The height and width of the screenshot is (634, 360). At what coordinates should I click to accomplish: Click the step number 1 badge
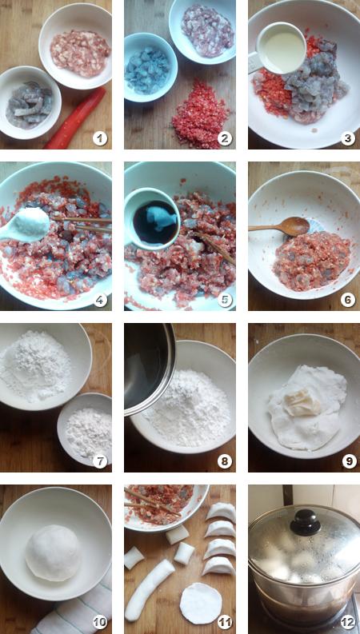pyautogui.click(x=99, y=138)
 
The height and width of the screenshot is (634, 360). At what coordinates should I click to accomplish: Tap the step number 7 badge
pyautogui.click(x=99, y=461)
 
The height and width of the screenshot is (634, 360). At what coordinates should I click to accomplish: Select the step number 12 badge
pyautogui.click(x=348, y=623)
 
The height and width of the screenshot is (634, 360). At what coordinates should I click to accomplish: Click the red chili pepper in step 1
pyautogui.click(x=76, y=118)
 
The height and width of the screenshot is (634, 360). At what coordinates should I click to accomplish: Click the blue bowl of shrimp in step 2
pyautogui.click(x=150, y=67)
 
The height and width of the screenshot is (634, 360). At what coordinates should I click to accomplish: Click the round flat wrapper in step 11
pyautogui.click(x=201, y=604)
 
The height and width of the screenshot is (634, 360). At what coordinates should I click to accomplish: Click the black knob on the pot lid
pyautogui.click(x=306, y=521)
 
